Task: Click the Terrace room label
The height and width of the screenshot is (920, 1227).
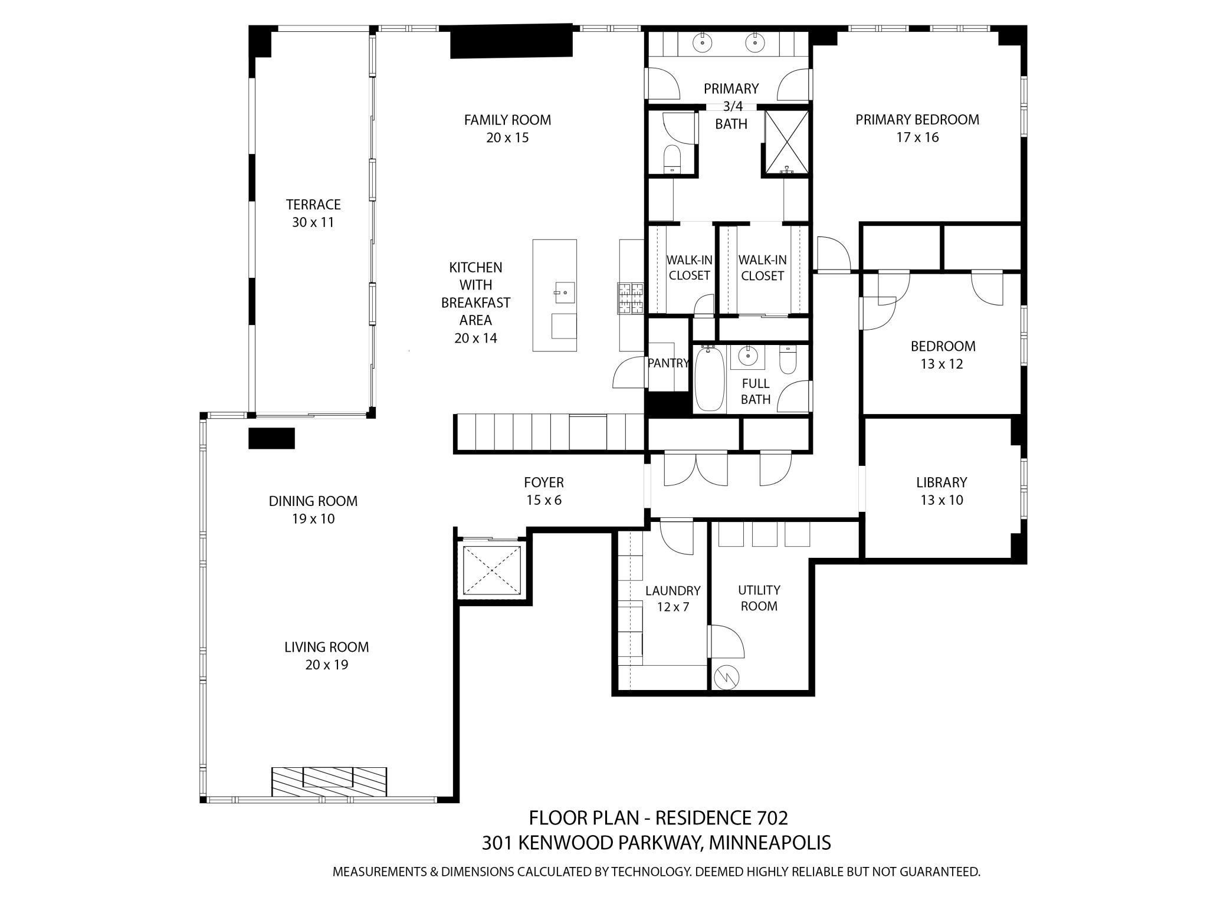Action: click(x=313, y=205)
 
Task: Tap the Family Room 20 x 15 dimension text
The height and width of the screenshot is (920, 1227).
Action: click(x=507, y=138)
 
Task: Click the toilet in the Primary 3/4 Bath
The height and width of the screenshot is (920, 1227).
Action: click(x=672, y=159)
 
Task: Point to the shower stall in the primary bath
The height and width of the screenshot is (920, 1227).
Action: click(x=786, y=142)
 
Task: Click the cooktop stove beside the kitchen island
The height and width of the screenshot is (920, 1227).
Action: click(x=631, y=298)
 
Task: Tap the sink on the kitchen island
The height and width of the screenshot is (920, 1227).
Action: click(x=565, y=292)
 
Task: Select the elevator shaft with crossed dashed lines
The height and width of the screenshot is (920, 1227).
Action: click(x=492, y=570)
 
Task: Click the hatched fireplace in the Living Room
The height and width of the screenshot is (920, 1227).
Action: click(x=329, y=781)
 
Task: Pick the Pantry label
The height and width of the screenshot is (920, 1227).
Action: click(x=668, y=363)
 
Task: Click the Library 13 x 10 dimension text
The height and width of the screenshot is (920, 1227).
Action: click(x=941, y=501)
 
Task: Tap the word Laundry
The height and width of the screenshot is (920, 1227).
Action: click(x=672, y=591)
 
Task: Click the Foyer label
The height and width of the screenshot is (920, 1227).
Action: click(x=543, y=482)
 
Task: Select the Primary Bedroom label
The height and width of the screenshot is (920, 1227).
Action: click(x=917, y=120)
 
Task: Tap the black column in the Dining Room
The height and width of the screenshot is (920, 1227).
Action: click(x=271, y=439)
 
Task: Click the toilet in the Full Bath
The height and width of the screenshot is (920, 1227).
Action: click(x=788, y=359)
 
